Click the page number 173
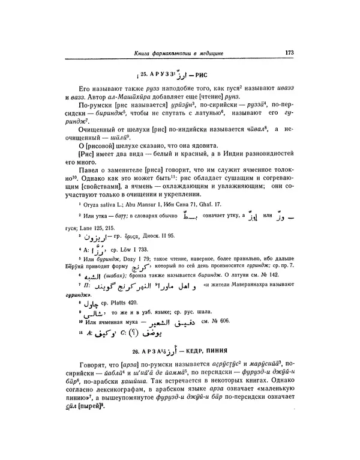289,52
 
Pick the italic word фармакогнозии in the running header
181,54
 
